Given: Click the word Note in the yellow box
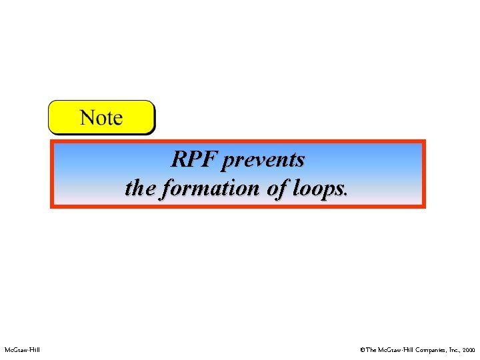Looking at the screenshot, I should coord(101,119).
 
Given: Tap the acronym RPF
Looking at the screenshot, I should coord(194,160).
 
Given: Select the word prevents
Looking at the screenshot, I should coord(264,161).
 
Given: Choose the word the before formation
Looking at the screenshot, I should coord(137,188).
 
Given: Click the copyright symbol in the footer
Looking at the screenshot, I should coord(362,349).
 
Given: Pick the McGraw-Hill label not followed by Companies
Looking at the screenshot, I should coord(21,349).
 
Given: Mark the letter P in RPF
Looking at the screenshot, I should coord(195,160).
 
